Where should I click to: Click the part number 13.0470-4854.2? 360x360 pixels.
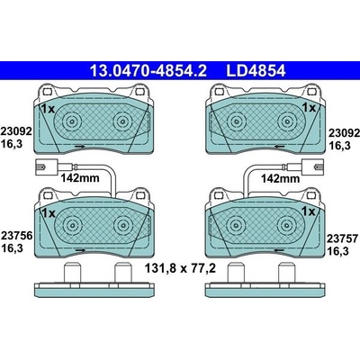click(x=148, y=71)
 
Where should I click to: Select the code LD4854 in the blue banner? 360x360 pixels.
click(x=256, y=71)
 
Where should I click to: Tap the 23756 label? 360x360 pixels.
click(x=16, y=236)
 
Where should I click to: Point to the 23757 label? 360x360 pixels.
click(x=342, y=239)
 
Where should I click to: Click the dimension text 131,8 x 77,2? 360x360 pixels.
click(x=180, y=268)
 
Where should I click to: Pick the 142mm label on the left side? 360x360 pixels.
click(x=80, y=178)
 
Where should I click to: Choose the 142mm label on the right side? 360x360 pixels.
click(x=280, y=179)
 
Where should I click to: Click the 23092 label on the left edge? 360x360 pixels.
click(x=16, y=131)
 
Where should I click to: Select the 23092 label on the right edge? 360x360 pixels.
click(x=344, y=132)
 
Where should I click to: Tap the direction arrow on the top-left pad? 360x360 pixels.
click(x=80, y=147)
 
